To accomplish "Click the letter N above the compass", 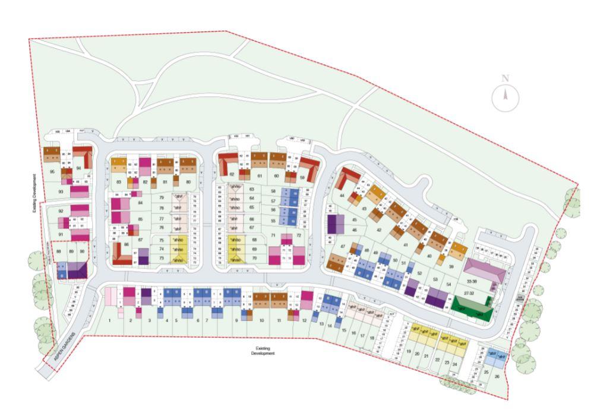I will click(x=505, y=78).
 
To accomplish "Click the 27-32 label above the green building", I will click(x=469, y=293).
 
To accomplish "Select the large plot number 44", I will click(x=342, y=197).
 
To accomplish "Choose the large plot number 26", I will click(x=497, y=376).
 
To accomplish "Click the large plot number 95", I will click(x=52, y=172).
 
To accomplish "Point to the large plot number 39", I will click(x=451, y=267).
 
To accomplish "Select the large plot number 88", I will click(x=59, y=252).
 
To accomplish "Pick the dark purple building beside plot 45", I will click(x=336, y=224).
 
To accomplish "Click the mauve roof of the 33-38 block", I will click(x=486, y=271).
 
